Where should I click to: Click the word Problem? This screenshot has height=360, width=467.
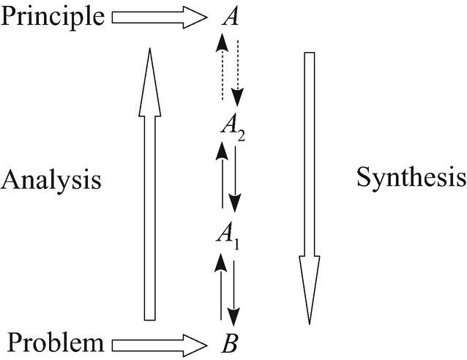(x=55, y=341)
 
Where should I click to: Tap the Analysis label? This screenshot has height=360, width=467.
(x=51, y=179)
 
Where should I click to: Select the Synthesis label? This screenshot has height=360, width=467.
(x=411, y=176)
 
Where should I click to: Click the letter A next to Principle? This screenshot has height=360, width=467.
(x=231, y=17)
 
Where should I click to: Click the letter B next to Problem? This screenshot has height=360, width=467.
(x=228, y=342)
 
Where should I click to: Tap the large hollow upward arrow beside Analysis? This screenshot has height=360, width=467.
(x=149, y=183)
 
